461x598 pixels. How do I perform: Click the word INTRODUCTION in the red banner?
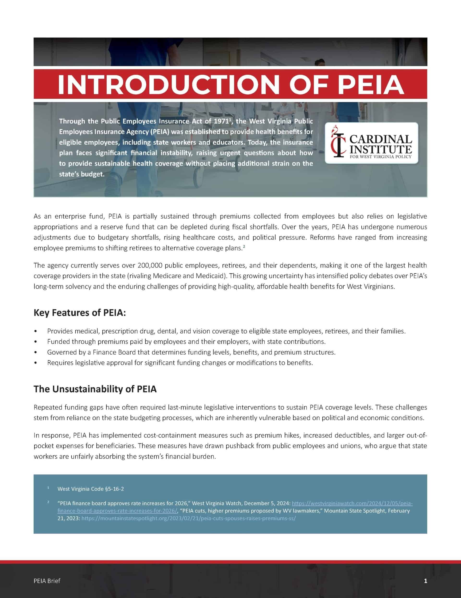[x=167, y=84]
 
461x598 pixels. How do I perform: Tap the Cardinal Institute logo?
[x=371, y=143]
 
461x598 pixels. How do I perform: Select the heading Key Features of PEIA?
[x=80, y=312]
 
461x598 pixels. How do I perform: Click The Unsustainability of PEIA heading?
[x=95, y=389]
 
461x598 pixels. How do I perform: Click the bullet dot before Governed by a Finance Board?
[x=36, y=352]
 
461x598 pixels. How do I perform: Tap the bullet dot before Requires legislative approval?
[x=36, y=363]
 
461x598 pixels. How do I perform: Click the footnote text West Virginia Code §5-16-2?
[x=91, y=489]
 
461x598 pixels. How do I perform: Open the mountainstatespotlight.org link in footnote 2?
[x=189, y=518]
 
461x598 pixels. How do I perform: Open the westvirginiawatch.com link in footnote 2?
[x=352, y=503]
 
